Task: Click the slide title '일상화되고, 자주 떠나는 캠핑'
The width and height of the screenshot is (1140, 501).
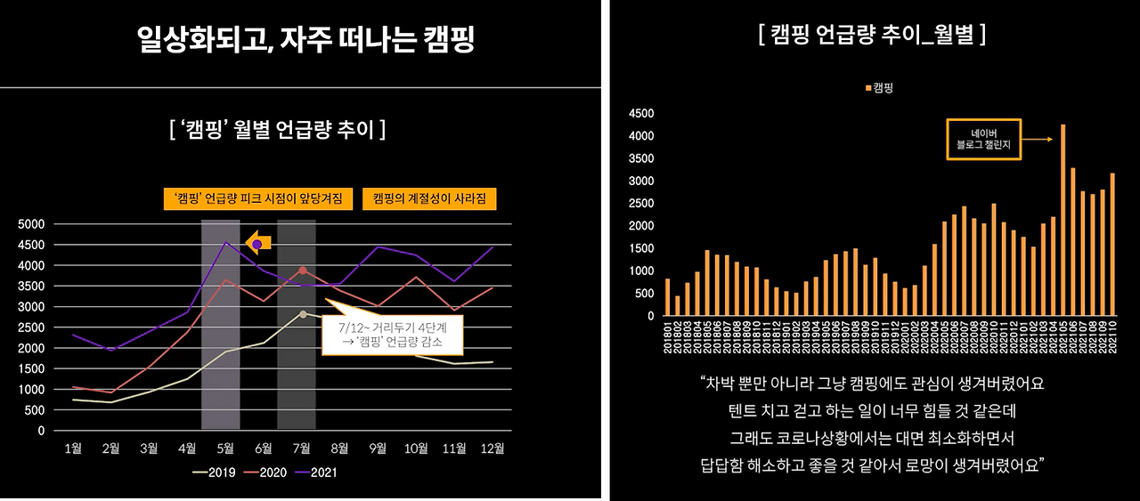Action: [x=305, y=39]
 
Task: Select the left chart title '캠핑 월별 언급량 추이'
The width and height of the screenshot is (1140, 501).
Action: [x=277, y=130]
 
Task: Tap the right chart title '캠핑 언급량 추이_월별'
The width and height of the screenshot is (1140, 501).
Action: [x=871, y=36]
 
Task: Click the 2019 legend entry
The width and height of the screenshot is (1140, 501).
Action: [x=215, y=473]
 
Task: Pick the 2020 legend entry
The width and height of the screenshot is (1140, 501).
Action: [x=266, y=473]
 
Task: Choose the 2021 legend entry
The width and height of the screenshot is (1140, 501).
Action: [x=319, y=473]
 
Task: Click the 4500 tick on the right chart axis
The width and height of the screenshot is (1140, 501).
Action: [x=641, y=114]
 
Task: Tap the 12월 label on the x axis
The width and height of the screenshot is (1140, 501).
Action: [x=493, y=448]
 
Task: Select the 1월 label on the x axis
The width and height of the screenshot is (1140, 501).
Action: [x=74, y=448]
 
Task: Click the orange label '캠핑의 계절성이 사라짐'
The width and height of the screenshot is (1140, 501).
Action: [x=429, y=198]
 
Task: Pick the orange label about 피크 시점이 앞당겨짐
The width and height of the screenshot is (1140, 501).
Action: [x=258, y=198]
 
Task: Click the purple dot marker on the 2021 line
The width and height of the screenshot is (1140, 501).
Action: [x=257, y=243]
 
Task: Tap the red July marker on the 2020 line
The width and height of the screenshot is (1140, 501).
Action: [x=303, y=271]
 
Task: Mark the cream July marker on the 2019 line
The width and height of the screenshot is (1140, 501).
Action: [x=303, y=314]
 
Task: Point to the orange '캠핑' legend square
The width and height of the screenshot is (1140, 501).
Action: [x=868, y=88]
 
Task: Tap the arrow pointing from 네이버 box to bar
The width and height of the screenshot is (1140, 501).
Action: [x=1038, y=139]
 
